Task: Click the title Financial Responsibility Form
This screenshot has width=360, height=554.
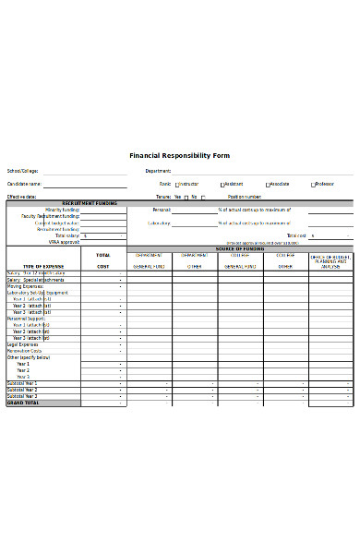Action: tap(180, 156)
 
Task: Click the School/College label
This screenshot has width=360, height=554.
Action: tap(23, 171)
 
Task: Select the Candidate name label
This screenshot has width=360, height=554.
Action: tap(26, 184)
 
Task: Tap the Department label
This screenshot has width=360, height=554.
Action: tap(159, 171)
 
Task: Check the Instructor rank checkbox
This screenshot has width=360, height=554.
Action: tap(176, 185)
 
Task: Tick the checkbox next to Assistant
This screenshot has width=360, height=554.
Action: tap(222, 185)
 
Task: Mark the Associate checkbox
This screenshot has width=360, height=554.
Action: tap(268, 185)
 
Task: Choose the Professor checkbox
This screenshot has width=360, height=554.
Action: tap(313, 185)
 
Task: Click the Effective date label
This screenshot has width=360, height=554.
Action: tap(22, 197)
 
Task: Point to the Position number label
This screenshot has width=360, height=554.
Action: tap(245, 197)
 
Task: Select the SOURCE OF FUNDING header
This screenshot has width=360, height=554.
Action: tap(240, 248)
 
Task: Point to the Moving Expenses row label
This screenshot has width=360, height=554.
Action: tap(26, 286)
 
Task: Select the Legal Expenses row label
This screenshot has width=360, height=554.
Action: tap(24, 344)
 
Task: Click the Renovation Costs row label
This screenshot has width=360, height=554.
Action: tap(25, 351)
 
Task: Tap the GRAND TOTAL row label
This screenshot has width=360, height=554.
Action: tap(22, 403)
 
